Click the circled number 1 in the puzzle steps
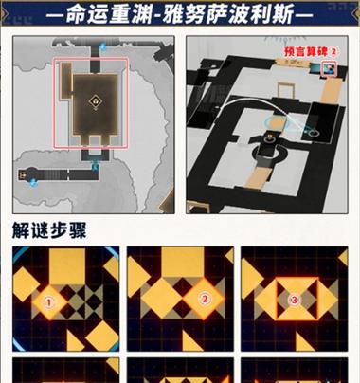pyautogui.click(x=48, y=302)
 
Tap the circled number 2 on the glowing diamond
pyautogui.click(x=205, y=299)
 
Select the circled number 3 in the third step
pyautogui.click(x=294, y=300)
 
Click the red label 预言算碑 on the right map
pyautogui.click(x=306, y=52)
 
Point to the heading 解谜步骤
pyautogui.click(x=49, y=230)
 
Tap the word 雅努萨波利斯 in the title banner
pyautogui.click(x=228, y=14)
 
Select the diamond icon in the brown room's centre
pyautogui.click(x=95, y=101)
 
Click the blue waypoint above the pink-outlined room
pyautogui.click(x=102, y=47)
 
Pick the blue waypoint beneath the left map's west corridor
pyautogui.click(x=33, y=182)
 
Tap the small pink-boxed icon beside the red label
pyautogui.click(x=329, y=68)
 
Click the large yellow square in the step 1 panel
pyautogui.click(x=67, y=266)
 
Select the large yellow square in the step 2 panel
pyautogui.click(x=183, y=262)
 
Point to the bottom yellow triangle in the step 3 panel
pyautogui.click(x=303, y=343)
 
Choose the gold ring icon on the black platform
pyautogui.click(x=270, y=138)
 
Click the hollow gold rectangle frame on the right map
pyautogui.click(x=285, y=91)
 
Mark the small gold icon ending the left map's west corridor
pyautogui.click(x=22, y=174)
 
